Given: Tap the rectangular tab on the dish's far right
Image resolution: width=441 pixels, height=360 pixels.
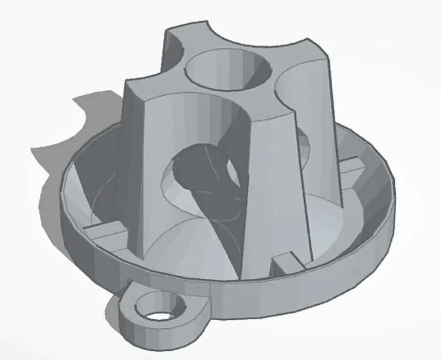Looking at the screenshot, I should [x=351, y=167].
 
